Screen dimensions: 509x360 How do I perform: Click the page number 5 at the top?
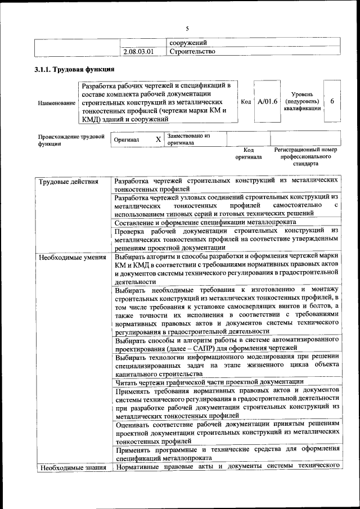tap(188, 29)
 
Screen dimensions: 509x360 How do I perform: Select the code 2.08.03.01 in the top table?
tap(138, 52)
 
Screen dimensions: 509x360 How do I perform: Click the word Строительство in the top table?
tap(192, 52)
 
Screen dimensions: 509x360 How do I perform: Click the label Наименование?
tap(57, 103)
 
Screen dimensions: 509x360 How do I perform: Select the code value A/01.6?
tap(267, 102)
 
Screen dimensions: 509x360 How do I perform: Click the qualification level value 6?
tap(332, 101)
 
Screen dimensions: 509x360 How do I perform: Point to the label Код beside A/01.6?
tap(246, 102)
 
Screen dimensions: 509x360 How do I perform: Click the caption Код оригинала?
tap(249, 154)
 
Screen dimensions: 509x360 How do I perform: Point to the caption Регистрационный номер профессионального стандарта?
tap(305, 157)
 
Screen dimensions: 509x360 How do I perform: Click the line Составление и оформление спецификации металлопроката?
tap(213, 222)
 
